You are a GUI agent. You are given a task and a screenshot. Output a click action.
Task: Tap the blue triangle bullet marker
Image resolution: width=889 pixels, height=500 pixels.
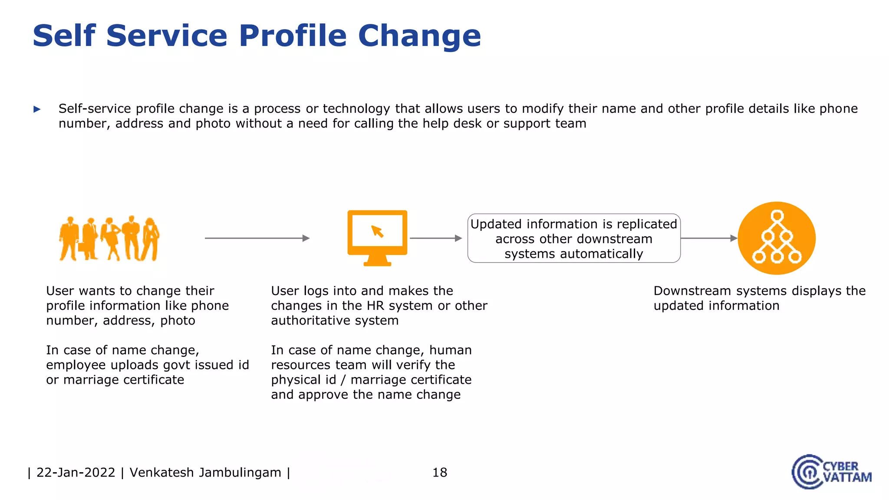[37, 109]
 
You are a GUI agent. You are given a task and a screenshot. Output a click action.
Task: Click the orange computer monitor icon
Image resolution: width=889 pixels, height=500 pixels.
[377, 237]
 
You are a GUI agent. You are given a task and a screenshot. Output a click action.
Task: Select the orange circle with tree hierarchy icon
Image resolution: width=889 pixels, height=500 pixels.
[777, 238]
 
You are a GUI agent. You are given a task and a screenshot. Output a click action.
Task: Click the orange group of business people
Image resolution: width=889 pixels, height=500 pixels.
[109, 239]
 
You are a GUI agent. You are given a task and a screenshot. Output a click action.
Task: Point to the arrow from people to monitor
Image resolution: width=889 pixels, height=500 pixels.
[257, 238]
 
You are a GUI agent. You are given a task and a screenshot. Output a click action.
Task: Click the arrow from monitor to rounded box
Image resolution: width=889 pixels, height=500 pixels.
[435, 238]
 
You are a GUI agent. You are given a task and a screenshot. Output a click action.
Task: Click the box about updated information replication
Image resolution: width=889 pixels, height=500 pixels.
[573, 238]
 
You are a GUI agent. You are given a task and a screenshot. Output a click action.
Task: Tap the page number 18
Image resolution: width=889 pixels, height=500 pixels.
[439, 472]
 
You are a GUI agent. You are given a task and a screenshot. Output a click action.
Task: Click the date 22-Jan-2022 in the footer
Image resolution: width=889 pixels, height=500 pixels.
[76, 472]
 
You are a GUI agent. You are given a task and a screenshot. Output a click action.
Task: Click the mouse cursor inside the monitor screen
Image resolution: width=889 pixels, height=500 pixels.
[377, 231]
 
